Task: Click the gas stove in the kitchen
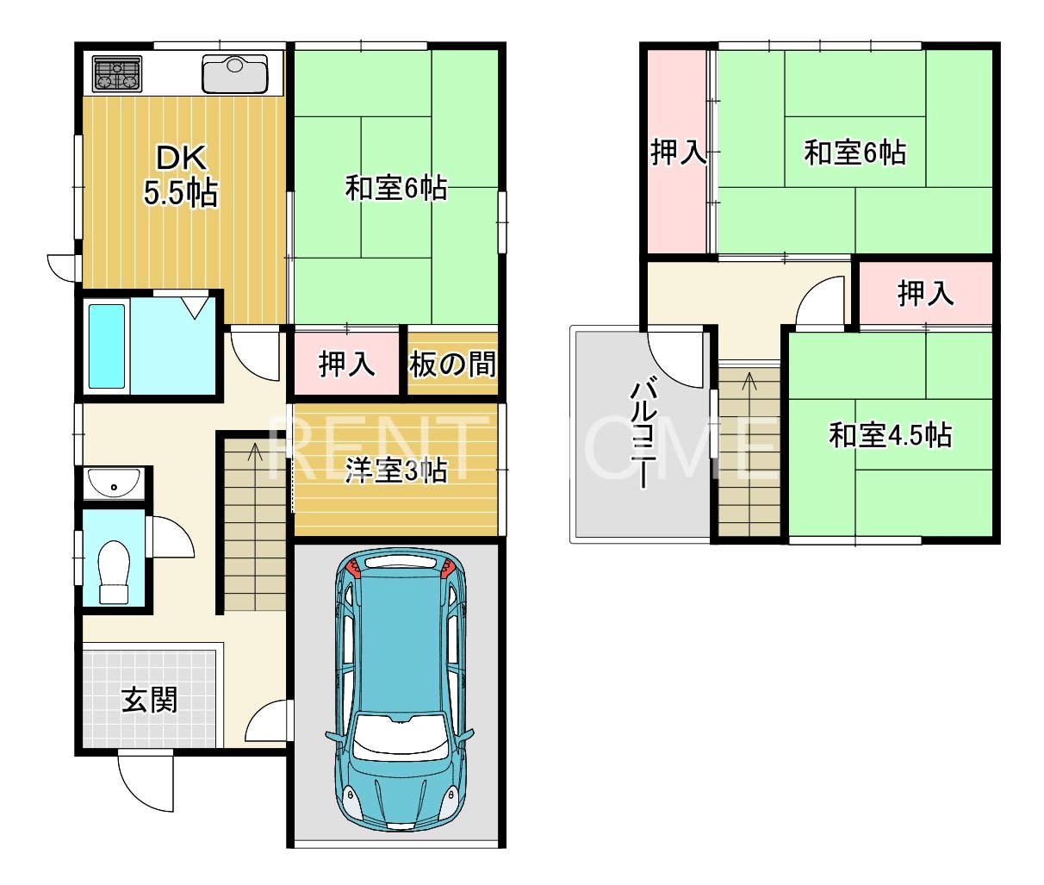(x=117, y=73)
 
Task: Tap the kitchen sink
(x=234, y=74)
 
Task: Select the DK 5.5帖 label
(x=180, y=176)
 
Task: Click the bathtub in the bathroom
(x=108, y=346)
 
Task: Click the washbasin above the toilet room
(x=115, y=483)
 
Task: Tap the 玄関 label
(x=150, y=700)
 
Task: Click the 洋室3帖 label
(x=396, y=471)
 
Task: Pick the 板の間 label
(x=453, y=365)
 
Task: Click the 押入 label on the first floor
(x=347, y=365)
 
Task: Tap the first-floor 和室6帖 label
(x=396, y=188)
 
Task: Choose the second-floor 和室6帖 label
(x=854, y=153)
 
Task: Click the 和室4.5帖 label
(x=890, y=435)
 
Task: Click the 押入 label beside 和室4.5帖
(x=926, y=294)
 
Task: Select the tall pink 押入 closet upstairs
(x=677, y=153)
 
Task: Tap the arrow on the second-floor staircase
(x=749, y=379)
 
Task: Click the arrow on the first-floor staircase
(x=253, y=451)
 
